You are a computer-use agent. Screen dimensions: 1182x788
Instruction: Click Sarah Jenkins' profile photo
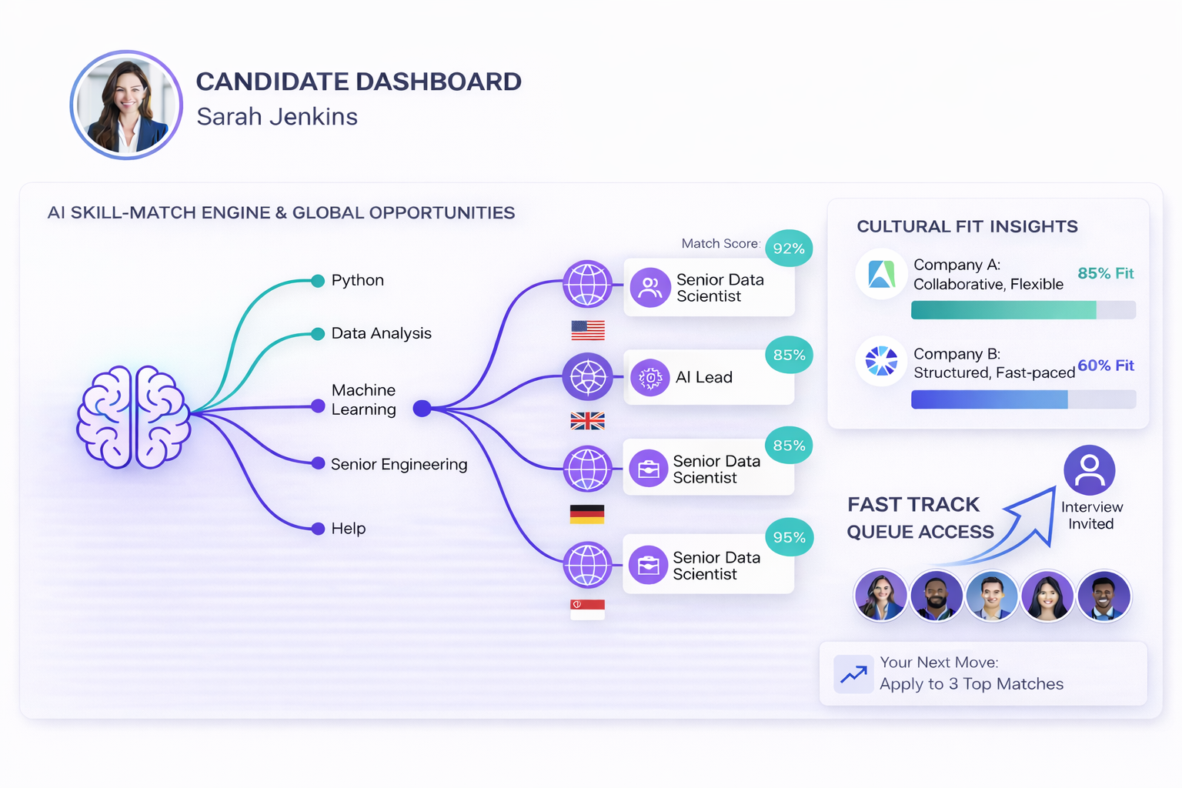point(126,105)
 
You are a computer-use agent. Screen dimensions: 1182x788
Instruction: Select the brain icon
point(134,417)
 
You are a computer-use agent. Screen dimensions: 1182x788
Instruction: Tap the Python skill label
point(357,280)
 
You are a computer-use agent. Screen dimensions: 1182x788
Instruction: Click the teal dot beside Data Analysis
point(317,334)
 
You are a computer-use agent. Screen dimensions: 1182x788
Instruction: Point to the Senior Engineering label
point(399,464)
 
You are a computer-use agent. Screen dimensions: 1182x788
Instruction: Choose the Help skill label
point(348,529)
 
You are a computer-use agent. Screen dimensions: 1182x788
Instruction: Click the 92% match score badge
point(789,249)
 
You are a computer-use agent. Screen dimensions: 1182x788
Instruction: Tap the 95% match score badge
point(789,537)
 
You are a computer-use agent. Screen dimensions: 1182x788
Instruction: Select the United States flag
point(588,330)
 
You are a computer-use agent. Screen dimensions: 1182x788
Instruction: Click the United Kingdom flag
point(588,421)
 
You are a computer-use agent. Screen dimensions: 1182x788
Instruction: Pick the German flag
point(587,514)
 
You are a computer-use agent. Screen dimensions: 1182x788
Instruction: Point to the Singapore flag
point(587,609)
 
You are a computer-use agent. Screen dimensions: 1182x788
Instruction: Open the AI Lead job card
point(708,377)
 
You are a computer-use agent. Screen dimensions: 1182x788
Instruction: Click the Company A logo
point(882,274)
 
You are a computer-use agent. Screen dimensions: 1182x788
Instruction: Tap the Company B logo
point(882,361)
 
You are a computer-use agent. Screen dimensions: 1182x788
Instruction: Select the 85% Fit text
point(1105,273)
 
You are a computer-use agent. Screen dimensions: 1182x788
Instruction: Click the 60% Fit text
point(1105,366)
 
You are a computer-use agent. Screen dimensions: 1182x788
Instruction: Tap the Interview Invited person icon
point(1089,470)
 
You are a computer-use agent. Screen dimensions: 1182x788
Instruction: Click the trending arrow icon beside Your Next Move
point(853,675)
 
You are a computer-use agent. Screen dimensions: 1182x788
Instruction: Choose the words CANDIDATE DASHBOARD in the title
point(359,82)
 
